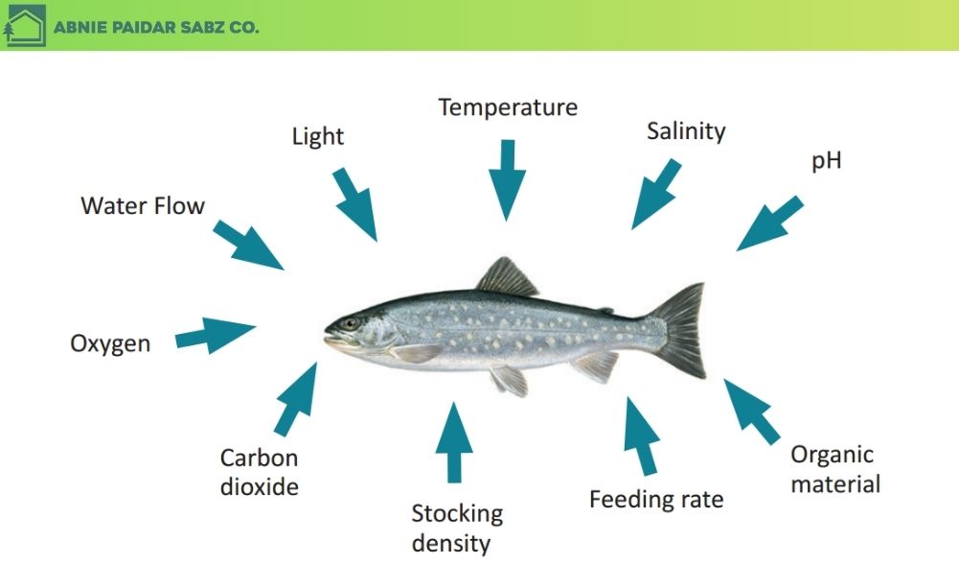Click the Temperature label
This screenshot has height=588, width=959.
[508, 107]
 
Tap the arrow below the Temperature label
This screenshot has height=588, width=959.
[507, 177]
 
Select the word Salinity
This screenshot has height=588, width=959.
[686, 131]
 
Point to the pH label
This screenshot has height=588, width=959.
[826, 160]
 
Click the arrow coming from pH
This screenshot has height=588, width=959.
[770, 223]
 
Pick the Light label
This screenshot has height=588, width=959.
[317, 137]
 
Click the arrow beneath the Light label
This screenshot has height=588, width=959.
[355, 203]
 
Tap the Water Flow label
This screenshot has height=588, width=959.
[143, 205]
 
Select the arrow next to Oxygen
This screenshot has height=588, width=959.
[216, 334]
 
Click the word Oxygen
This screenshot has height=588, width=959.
[110, 343]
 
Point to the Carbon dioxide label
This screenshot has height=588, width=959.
[259, 472]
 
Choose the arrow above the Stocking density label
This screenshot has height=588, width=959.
[454, 440]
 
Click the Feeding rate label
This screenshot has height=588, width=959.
[656, 500]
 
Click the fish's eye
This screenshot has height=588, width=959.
[351, 323]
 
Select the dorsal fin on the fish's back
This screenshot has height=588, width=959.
[507, 278]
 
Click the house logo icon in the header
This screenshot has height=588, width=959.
[24, 26]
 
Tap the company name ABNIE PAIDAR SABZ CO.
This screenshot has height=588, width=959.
[156, 28]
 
